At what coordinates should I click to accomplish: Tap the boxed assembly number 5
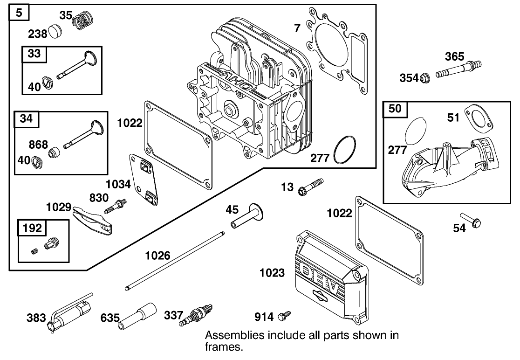19,12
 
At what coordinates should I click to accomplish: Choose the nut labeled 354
424,78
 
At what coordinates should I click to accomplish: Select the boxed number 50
395,109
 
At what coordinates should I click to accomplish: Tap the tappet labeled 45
247,217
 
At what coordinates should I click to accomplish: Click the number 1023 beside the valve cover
272,273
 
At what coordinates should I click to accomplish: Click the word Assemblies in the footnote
231,336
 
